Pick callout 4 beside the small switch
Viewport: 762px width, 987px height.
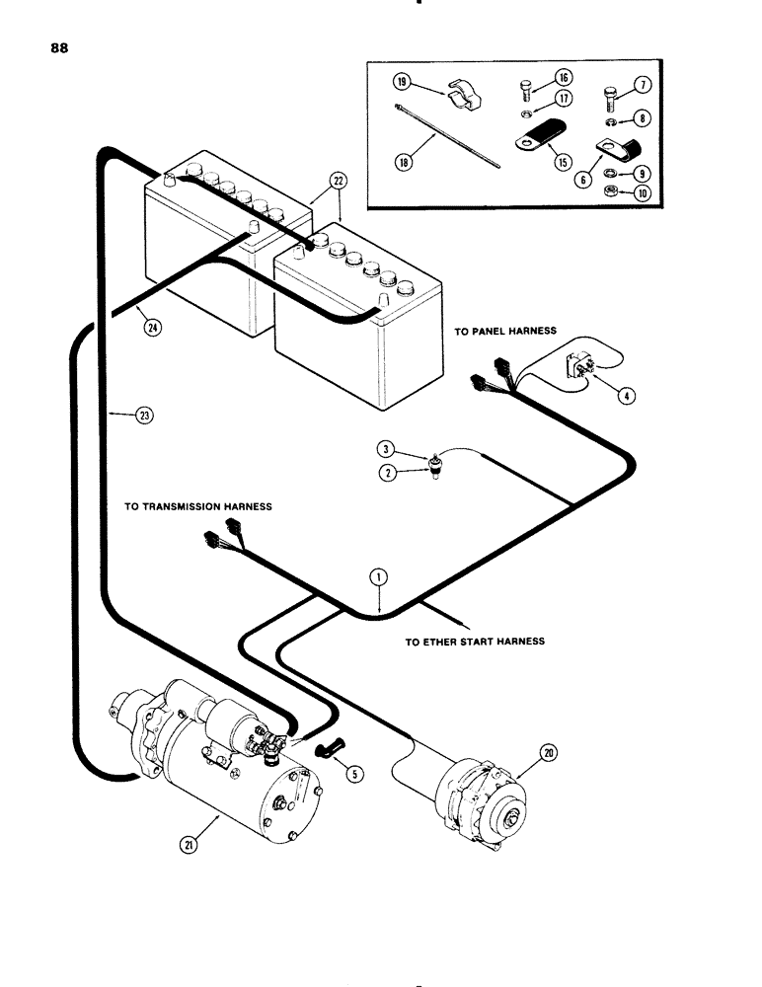[624, 397]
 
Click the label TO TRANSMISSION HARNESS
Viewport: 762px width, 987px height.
[197, 505]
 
